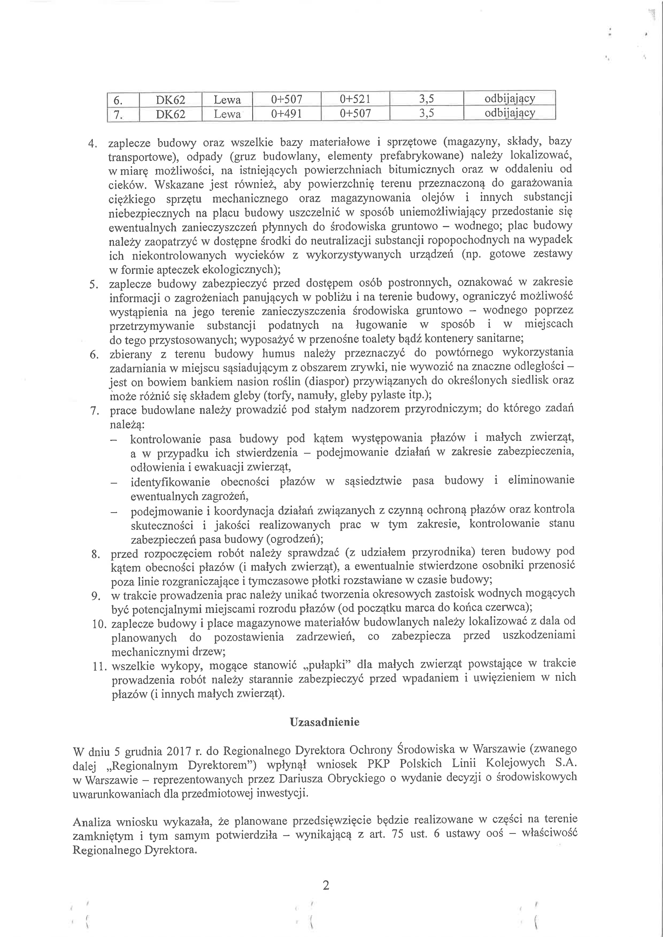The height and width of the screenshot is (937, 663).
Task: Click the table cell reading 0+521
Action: pyautogui.click(x=355, y=99)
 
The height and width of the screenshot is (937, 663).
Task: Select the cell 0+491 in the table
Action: pyautogui.click(x=287, y=114)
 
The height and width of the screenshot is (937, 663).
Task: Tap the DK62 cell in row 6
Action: pyautogui.click(x=171, y=99)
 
